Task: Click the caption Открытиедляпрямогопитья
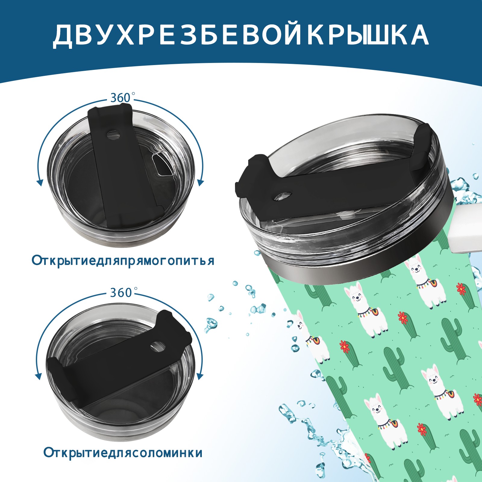pos(123,260)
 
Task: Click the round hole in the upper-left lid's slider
pos(114,135)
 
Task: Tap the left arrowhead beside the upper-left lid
pos(39,183)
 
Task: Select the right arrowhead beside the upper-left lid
pos(201,183)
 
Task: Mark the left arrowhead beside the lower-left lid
pos(38,376)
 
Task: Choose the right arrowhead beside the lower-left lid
pos(200,376)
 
